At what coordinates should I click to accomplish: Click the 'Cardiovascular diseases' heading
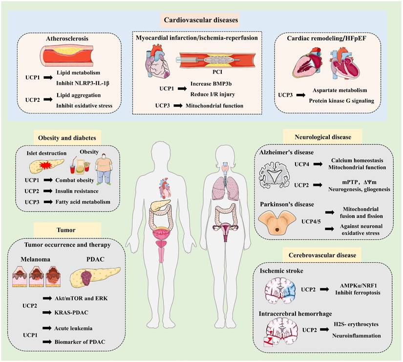202,21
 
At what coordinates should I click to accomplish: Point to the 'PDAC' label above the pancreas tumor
97,255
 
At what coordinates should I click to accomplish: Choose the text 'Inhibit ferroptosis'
356,293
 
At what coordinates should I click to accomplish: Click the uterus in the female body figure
226,229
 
